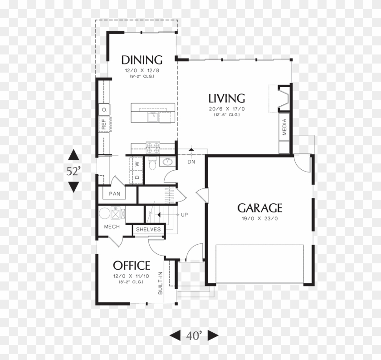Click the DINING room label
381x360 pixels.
point(142,59)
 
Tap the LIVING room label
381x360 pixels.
point(227,98)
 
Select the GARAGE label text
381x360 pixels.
point(260,208)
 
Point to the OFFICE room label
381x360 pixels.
point(131,265)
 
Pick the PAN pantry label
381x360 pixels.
point(114,194)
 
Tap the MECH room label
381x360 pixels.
point(112,227)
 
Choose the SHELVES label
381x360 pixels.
point(148,230)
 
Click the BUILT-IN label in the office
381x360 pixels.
point(161,283)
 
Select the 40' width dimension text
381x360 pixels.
point(194,335)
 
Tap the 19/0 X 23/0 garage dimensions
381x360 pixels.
point(260,219)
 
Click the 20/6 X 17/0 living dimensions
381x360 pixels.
point(227,109)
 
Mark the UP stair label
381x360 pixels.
point(185,215)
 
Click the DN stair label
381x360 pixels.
point(191,162)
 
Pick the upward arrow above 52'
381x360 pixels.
point(73,155)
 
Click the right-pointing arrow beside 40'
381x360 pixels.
point(213,335)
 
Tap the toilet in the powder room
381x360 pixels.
point(152,164)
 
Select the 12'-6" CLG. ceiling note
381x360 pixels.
point(227,115)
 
